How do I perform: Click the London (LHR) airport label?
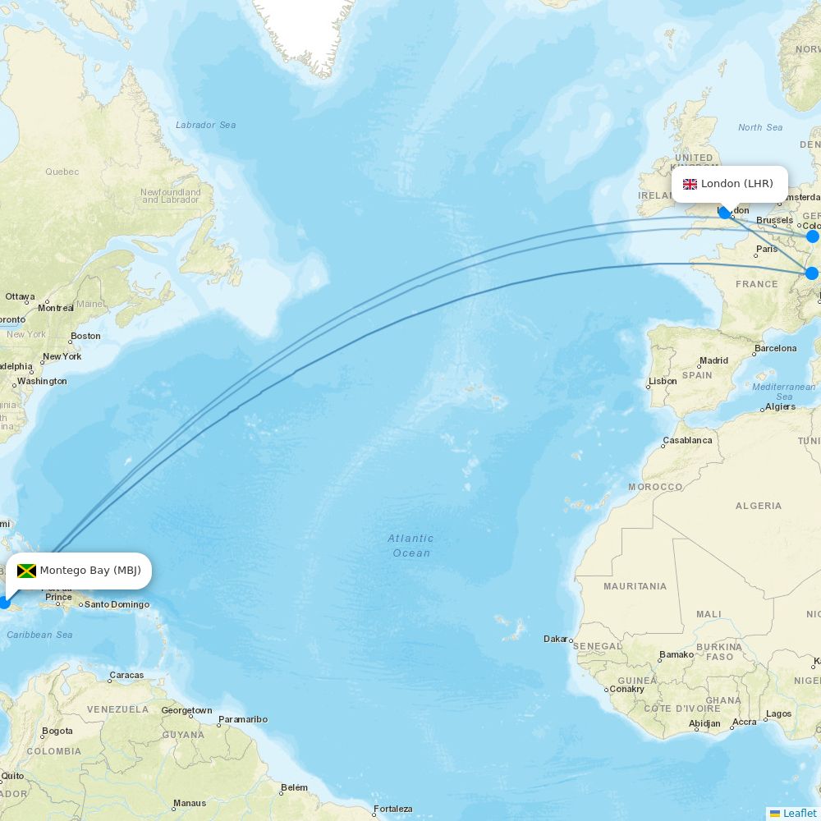[736, 184]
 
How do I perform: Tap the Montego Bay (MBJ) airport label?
[90, 571]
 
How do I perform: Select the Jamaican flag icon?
[26, 571]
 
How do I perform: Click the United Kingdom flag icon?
[690, 184]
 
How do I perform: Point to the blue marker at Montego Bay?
[3, 603]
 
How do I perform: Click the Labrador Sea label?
[205, 125]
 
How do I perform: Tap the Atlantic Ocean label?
[410, 545]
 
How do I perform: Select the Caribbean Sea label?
[39, 635]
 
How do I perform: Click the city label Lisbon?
[663, 381]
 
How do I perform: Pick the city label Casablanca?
[687, 440]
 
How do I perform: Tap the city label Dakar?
[557, 639]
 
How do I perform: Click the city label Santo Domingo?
[117, 605]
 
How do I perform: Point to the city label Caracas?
[126, 676]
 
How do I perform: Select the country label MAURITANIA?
[635, 586]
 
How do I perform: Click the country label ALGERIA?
[759, 506]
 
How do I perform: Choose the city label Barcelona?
[775, 348]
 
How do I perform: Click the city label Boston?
[85, 336]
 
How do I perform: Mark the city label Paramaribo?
[243, 720]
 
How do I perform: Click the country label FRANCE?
[756, 284]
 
